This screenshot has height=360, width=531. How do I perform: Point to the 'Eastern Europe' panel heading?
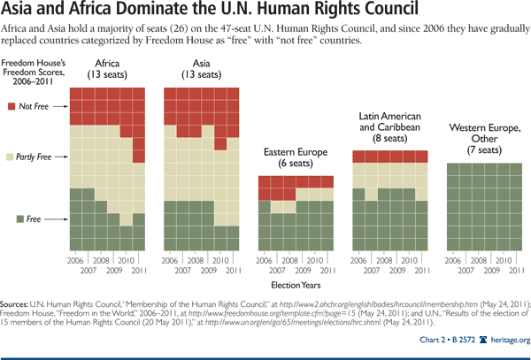pyautogui.click(x=296, y=152)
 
